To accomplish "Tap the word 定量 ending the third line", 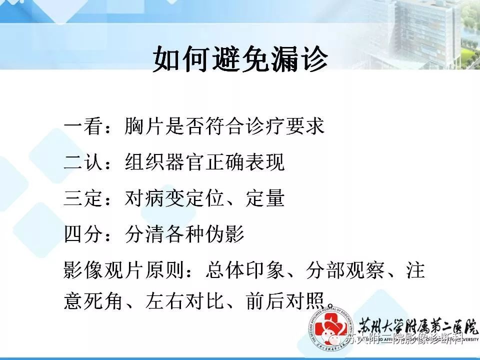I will (x=265, y=198).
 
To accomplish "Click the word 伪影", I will (x=224, y=234).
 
